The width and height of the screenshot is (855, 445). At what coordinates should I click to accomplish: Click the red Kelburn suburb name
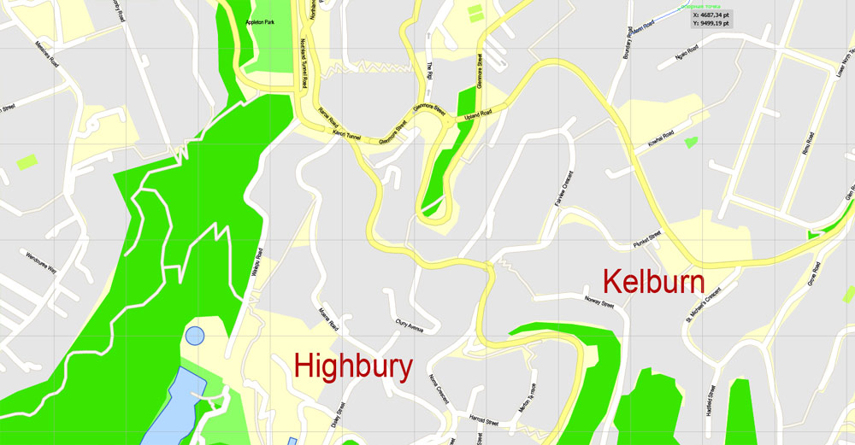coord(653,284)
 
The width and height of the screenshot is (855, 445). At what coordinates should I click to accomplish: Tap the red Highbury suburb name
coord(353,366)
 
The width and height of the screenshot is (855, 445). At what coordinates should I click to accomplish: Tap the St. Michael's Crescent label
coord(702,305)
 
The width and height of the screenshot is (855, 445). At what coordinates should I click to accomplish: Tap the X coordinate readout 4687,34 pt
coord(717,15)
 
